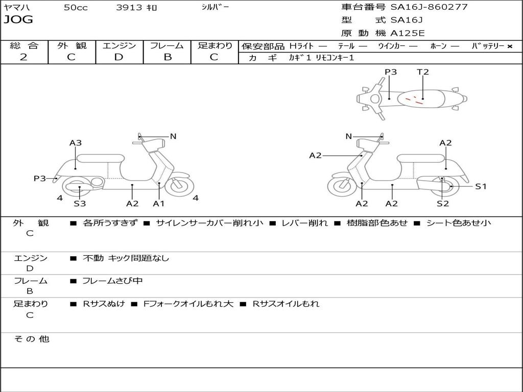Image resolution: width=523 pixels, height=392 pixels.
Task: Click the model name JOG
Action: tap(18, 19)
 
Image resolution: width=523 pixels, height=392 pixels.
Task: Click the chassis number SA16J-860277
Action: tap(429, 7)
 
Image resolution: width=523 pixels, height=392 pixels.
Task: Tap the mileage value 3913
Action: tap(129, 7)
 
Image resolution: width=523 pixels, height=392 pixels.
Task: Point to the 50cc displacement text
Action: tap(76, 7)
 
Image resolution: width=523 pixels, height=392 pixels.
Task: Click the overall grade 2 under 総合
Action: tap(23, 57)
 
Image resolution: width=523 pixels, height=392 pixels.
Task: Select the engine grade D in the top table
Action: tap(118, 57)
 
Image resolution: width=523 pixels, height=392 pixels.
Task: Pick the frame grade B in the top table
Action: tap(168, 57)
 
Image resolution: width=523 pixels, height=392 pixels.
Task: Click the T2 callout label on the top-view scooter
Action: tap(422, 71)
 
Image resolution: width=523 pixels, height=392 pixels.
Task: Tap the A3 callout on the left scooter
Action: tap(76, 143)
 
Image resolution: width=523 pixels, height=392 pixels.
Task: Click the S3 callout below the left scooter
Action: tap(80, 203)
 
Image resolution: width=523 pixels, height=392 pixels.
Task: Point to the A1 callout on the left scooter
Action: tap(159, 203)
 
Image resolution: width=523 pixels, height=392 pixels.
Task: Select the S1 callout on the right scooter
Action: tap(481, 186)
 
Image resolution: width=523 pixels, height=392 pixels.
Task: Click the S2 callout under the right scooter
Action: tap(443, 203)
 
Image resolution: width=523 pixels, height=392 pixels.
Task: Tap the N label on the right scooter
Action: tap(348, 136)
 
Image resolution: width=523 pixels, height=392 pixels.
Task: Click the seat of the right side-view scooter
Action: tap(421, 158)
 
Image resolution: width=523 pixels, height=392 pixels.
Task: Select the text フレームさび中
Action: tap(112, 281)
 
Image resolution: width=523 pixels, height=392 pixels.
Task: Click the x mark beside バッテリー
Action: tap(510, 46)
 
